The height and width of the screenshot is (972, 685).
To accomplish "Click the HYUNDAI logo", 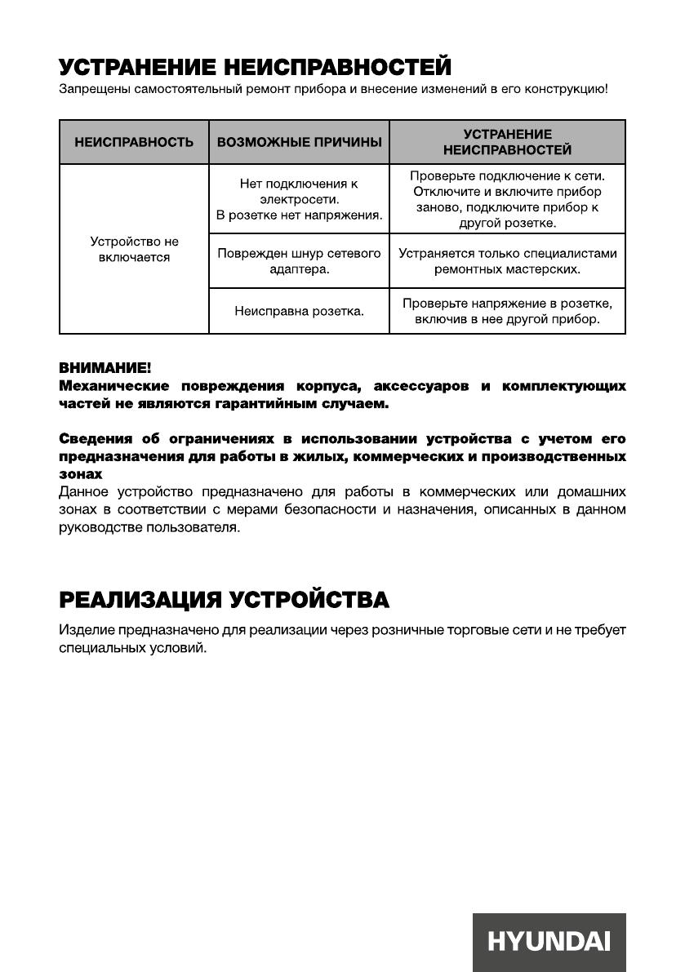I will click(x=549, y=942).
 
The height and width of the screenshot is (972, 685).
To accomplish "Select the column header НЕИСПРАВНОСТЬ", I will click(x=134, y=142).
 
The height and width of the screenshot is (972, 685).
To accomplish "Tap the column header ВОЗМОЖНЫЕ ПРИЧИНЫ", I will click(x=299, y=142).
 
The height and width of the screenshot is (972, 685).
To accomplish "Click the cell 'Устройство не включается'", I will click(x=134, y=250).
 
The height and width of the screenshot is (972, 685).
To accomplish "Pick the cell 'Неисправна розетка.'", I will click(x=299, y=311).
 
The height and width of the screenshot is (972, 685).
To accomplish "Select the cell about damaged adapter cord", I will click(x=299, y=261).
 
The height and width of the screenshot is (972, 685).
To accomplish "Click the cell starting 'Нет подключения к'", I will click(x=299, y=200).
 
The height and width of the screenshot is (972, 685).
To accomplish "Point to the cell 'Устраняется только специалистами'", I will click(x=507, y=261).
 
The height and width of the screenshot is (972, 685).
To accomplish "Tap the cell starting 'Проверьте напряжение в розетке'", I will click(x=507, y=311).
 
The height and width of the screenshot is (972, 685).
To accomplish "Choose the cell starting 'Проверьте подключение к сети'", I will click(x=507, y=200).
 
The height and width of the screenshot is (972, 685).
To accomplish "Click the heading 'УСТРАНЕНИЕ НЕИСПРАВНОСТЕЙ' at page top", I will click(x=255, y=65).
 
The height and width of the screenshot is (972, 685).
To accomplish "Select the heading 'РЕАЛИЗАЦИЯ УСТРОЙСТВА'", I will click(x=224, y=601).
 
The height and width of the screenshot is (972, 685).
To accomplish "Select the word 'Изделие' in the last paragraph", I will click(x=84, y=631).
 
